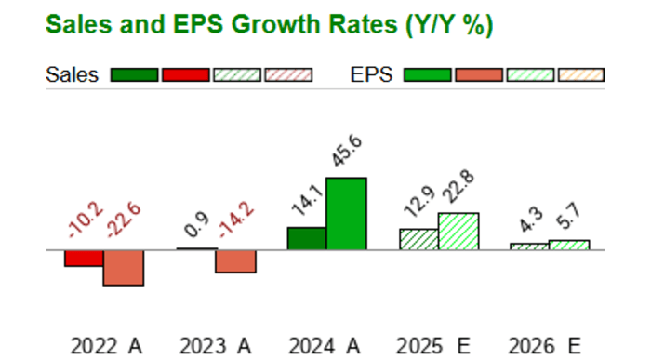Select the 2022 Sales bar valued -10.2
pos(84,258)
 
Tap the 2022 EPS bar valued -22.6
pos(123,267)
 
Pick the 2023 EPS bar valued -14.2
pos(235,260)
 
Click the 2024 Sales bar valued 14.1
pos(307,238)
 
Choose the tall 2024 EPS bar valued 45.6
pos(346,214)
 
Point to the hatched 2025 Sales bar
pos(418,239)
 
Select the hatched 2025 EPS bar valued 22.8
pos(458,232)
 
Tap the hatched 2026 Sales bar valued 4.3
pos(529,247)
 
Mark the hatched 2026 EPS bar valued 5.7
pos(569,245)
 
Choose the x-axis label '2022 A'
pos(106,346)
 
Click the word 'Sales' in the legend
pos(72,75)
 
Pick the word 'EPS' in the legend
pos(372,75)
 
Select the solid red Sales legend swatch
pos(185,75)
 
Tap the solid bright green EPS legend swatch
pos(428,75)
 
